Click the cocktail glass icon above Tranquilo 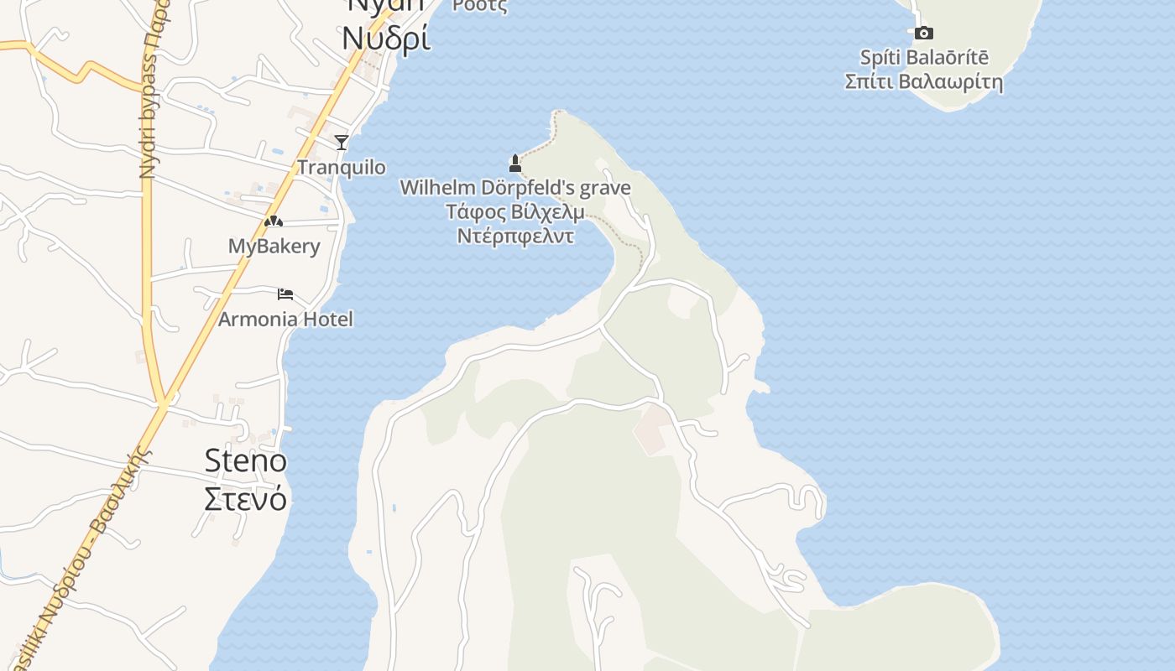coord(342,142)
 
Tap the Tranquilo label coord(342,167)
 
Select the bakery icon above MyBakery coord(273,221)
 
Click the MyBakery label coord(274,247)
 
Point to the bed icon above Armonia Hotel coord(285,294)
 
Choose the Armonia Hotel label coord(285,319)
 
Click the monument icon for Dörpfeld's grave coord(515,163)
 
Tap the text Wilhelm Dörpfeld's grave coord(514,188)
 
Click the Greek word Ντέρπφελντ coord(515,236)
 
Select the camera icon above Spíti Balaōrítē coord(923,33)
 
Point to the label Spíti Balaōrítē coord(924,58)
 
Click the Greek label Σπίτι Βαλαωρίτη coord(924,82)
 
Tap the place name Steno coord(246,460)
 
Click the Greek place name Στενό coord(246,498)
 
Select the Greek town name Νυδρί coord(386,38)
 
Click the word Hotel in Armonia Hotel coord(327,319)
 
